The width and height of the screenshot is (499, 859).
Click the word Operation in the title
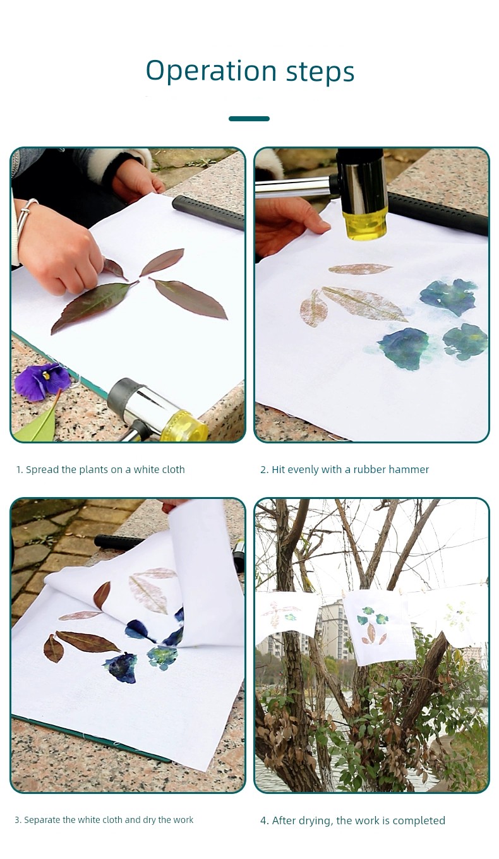212,71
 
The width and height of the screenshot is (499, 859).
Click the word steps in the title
320,72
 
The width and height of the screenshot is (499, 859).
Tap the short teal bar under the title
249,119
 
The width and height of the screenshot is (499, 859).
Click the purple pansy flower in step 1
42,381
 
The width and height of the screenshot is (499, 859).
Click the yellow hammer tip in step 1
184,426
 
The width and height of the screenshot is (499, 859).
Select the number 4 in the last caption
263,820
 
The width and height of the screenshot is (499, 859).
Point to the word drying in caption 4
311,820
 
